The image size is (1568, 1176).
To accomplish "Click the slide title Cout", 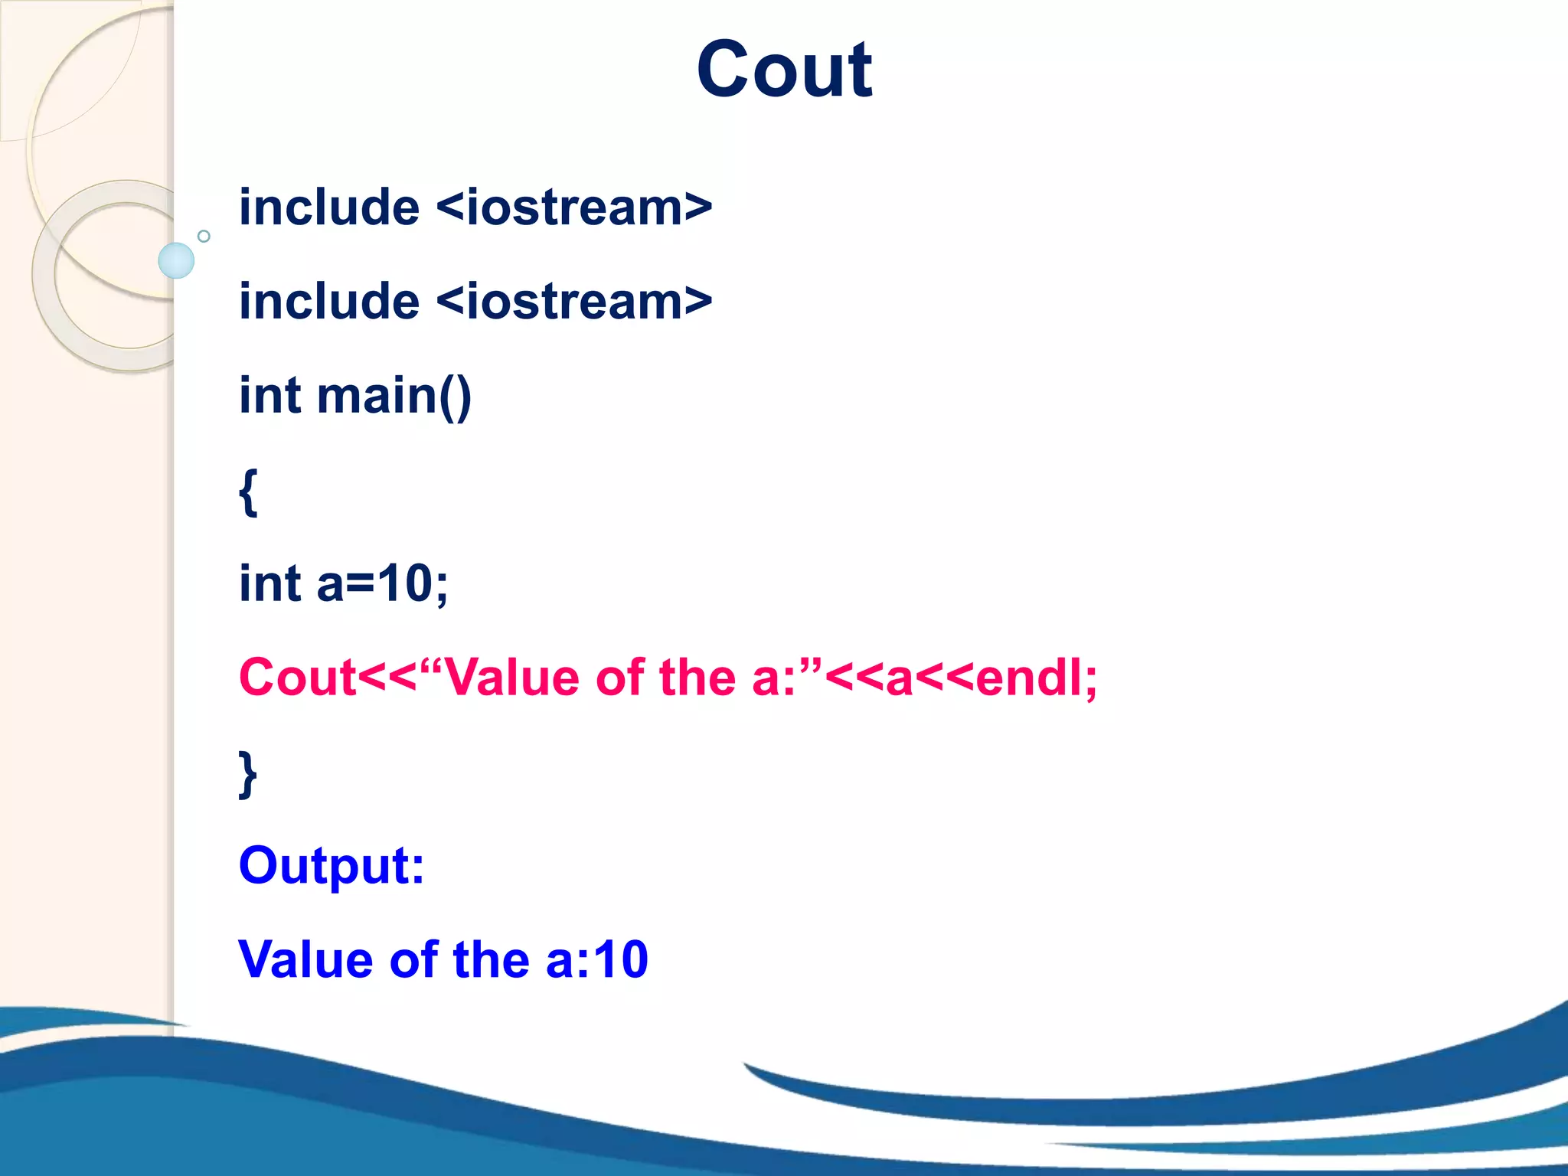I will [x=784, y=70].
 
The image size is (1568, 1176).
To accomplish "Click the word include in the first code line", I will [x=329, y=207].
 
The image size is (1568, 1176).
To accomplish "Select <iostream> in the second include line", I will [x=574, y=302].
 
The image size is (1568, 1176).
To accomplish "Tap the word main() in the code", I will [x=394, y=397].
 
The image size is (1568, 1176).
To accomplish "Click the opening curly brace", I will [x=248, y=492].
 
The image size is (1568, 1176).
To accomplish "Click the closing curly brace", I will [x=248, y=774].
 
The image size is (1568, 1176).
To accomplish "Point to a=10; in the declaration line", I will [x=382, y=583].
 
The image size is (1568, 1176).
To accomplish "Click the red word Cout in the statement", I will [x=297, y=678].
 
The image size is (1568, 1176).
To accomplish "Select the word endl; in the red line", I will [x=1036, y=678].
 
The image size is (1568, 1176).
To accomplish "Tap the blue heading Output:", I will [x=332, y=866].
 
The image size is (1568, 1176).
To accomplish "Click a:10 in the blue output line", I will [x=597, y=959].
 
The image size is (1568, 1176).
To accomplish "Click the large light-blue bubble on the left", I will [x=176, y=260].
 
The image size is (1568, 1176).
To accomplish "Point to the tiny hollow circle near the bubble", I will [x=204, y=236].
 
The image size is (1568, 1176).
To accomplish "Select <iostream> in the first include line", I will [x=574, y=207].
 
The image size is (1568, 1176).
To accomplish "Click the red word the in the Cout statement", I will [x=697, y=678].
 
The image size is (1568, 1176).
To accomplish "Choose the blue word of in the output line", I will [x=414, y=959].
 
